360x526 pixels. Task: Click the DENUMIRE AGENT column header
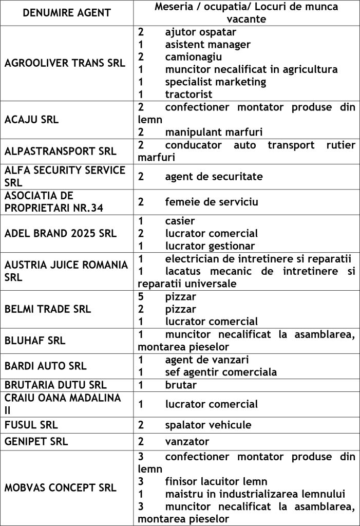coord(67,13)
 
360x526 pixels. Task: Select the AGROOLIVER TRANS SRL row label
coord(65,63)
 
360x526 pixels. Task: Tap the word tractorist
coord(188,95)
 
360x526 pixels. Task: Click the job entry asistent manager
coord(207,45)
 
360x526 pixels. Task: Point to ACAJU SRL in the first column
coord(31,120)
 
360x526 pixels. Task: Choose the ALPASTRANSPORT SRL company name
coord(61,152)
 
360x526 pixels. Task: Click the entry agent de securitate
coord(214,177)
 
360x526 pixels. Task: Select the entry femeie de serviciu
coord(212,202)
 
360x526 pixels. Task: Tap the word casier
coord(180,221)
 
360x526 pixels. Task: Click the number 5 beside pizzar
coord(141,296)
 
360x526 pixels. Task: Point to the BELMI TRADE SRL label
coord(48,309)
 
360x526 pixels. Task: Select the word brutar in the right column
coord(181,385)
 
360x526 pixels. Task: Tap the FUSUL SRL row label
coord(31,425)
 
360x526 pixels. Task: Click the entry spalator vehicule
coord(208,425)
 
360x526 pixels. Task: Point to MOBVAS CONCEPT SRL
coord(61,487)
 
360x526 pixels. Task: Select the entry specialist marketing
coord(216,82)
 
